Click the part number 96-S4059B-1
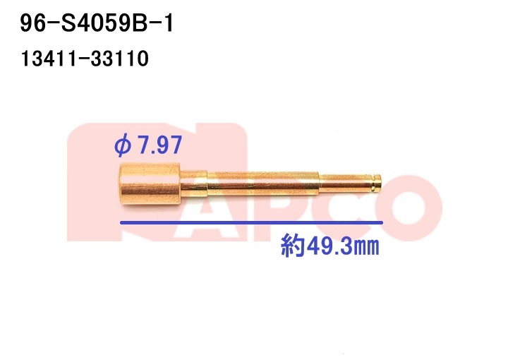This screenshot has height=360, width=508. [97, 24]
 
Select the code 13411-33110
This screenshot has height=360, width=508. [85, 59]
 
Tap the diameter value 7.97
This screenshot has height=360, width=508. [159, 145]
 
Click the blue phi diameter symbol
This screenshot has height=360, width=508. [123, 146]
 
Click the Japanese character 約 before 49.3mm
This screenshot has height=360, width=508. [293, 246]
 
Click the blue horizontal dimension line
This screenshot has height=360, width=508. [251, 222]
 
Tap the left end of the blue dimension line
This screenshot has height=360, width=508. [121, 222]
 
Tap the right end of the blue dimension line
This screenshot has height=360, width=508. [382, 222]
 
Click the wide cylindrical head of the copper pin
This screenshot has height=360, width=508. [150, 184]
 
